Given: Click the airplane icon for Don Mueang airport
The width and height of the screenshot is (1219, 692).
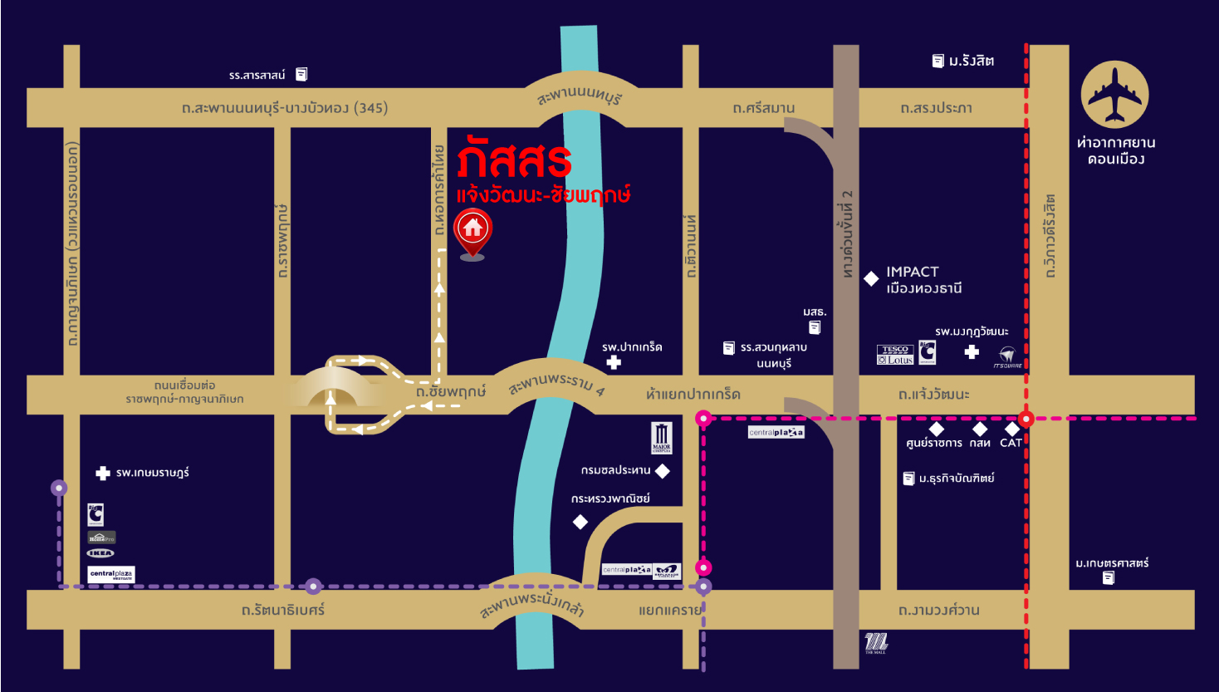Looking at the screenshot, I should click(1114, 94).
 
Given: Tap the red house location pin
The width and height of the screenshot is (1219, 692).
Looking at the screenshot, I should click(473, 230).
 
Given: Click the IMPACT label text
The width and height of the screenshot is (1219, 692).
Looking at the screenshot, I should click(912, 272).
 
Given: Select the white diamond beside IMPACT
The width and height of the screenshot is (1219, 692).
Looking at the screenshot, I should click(871, 279).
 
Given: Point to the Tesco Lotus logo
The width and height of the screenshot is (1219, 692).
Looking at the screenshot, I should click(895, 355).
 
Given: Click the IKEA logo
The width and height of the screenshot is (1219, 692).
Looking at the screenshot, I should click(100, 553).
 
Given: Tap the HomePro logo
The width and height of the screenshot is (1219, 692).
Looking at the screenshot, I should click(101, 537).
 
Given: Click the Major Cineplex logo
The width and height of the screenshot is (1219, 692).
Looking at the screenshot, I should click(662, 437).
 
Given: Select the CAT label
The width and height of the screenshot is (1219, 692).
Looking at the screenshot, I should click(1011, 443).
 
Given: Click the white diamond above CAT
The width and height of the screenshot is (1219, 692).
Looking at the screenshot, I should click(1011, 429).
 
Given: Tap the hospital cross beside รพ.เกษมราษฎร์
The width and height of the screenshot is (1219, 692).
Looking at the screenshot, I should click(103, 473).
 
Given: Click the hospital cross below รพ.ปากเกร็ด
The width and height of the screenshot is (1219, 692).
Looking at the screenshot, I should click(614, 362).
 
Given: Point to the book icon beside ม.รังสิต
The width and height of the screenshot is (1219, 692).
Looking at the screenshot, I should click(938, 61).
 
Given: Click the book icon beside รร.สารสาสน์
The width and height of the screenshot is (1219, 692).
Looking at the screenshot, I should click(301, 74).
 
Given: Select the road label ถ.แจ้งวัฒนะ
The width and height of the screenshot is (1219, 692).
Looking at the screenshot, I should click(933, 395).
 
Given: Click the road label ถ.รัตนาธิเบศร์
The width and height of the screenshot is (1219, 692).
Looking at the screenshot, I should click(283, 610).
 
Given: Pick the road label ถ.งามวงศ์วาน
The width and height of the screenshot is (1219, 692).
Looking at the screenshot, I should click(938, 610).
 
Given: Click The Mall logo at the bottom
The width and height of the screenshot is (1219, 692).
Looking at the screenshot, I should click(875, 642).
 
